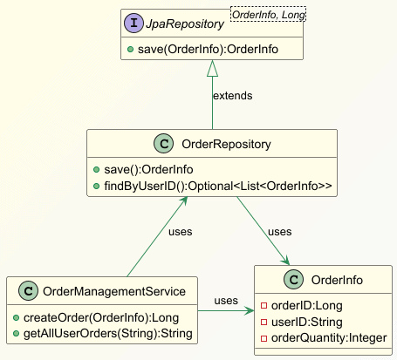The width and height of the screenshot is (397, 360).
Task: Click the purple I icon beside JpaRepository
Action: pyautogui.click(x=133, y=24)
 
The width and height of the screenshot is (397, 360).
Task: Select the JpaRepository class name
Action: pyautogui.click(x=185, y=24)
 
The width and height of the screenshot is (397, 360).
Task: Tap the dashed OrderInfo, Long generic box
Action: pyautogui.click(x=268, y=14)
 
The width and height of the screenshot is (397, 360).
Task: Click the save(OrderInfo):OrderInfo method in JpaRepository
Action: pyautogui.click(x=208, y=49)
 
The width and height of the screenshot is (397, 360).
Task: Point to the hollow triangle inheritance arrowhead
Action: pyautogui.click(x=212, y=69)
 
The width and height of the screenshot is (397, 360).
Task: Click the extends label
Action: pyautogui.click(x=233, y=96)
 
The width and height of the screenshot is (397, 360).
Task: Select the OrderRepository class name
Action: pyautogui.click(x=226, y=144)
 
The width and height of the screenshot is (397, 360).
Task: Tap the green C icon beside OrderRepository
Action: pyautogui.click(x=164, y=144)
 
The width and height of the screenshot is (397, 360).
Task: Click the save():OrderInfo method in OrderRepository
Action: pyautogui.click(x=148, y=169)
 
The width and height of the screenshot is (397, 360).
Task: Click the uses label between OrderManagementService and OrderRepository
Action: pyautogui.click(x=181, y=232)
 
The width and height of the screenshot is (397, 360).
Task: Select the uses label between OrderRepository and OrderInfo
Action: pyautogui.click(x=280, y=232)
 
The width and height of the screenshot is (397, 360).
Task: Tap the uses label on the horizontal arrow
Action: pyautogui.click(x=226, y=301)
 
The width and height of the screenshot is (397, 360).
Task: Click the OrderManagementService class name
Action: pyautogui.click(x=114, y=291)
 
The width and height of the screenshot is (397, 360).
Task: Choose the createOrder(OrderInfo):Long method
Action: pyautogui.click(x=101, y=317)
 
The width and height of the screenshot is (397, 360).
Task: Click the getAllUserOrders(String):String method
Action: pyautogui.click(x=108, y=334)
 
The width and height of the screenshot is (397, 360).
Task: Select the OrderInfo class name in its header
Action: pyautogui.click(x=337, y=280)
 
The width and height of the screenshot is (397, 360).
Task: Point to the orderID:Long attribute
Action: pyautogui.click(x=307, y=306)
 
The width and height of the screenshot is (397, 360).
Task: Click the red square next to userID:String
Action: pyautogui.click(x=264, y=322)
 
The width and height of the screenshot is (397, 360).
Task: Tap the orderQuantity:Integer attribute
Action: pyautogui.click(x=329, y=338)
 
